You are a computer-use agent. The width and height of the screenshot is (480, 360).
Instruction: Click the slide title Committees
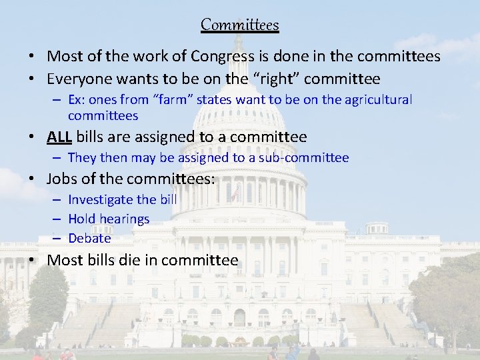pos(240,25)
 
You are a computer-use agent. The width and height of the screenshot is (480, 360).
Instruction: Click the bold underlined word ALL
pos(59,137)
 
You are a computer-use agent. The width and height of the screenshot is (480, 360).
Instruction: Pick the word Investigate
pos(99,199)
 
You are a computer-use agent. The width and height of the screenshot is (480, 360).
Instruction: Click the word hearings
pos(125,219)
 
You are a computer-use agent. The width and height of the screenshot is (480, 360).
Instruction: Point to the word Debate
pos(89,238)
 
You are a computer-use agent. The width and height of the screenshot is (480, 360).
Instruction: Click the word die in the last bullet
pos(128,260)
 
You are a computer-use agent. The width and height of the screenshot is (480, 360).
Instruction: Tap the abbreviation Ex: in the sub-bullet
pos(76,100)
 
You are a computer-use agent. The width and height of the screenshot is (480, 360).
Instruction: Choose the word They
pos(82,158)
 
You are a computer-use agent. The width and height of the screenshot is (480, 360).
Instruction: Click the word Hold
pos(82,219)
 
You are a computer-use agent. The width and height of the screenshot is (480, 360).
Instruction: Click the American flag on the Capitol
pos(236,191)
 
